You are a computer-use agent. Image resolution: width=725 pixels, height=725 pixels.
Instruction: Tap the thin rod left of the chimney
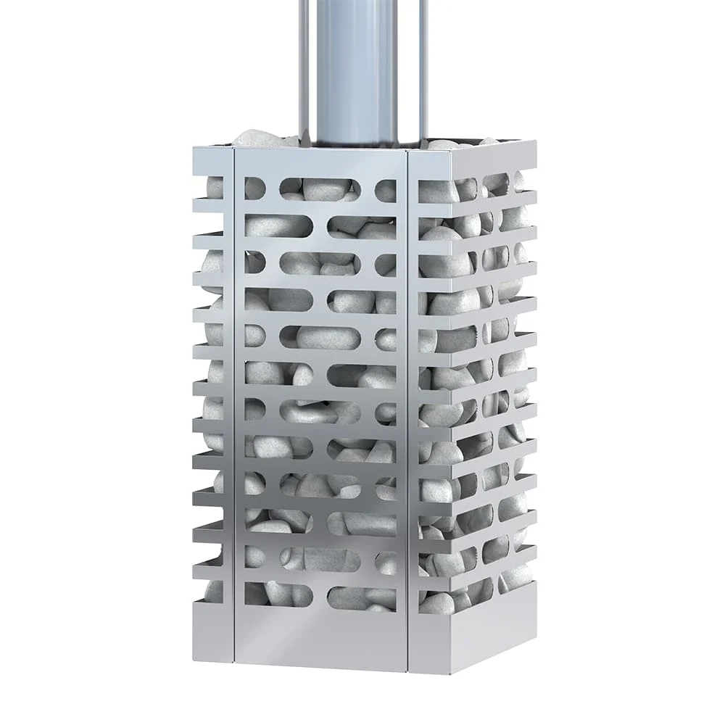point(303,65)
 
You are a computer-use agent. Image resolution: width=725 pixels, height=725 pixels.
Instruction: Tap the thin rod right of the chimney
point(423,65)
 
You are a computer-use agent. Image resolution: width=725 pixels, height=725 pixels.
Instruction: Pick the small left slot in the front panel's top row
point(254,188)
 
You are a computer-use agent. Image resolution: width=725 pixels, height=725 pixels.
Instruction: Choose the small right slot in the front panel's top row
point(386,191)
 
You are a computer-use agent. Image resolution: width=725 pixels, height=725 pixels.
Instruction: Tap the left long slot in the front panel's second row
point(278,225)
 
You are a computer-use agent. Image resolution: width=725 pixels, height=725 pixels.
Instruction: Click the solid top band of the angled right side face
point(482,158)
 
